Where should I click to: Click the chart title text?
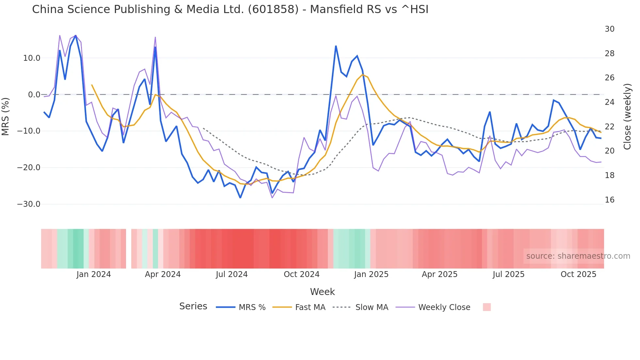click(230, 9)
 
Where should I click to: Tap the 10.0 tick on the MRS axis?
click(32, 58)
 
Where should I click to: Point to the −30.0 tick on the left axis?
click(29, 204)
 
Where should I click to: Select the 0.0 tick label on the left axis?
click(34, 95)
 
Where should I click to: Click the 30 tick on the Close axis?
click(609, 29)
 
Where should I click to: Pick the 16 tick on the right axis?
click(609, 200)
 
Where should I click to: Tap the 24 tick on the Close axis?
click(609, 102)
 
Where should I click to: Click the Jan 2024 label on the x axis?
click(94, 274)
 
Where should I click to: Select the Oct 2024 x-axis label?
click(301, 274)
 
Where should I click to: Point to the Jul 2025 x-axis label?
click(508, 274)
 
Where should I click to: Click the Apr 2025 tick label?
click(440, 274)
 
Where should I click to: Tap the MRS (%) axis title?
click(6, 116)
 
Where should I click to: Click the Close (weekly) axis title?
click(627, 117)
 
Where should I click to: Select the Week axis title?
click(322, 292)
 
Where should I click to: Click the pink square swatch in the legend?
click(487, 307)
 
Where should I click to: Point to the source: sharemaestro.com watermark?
click(578, 256)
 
